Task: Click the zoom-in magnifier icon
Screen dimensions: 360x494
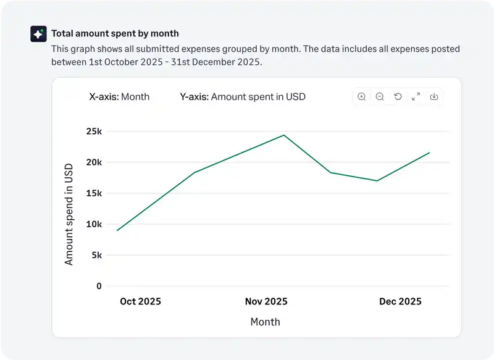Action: coord(362,96)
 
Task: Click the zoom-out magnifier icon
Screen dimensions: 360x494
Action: coord(380,96)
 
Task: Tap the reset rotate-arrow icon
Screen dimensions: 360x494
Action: coord(398,96)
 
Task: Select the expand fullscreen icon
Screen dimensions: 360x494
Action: coord(416,96)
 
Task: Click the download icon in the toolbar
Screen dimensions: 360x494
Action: coord(434,96)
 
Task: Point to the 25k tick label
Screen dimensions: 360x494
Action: coord(94,132)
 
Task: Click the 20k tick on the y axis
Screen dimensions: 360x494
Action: coord(94,162)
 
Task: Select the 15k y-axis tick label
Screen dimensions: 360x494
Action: coord(94,193)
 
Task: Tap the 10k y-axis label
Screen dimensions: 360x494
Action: coord(94,224)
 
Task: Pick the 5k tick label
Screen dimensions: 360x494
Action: coord(96,255)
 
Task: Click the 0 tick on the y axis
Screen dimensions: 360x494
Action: coord(99,286)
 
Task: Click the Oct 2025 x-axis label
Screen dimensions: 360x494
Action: coord(140,301)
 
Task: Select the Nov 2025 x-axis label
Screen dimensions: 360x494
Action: coord(266,301)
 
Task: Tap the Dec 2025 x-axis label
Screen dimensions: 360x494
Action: coord(400,301)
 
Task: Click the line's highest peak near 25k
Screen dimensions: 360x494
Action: coord(284,135)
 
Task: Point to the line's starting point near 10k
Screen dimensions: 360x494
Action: coord(117,230)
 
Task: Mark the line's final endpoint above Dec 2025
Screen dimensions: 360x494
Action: coord(429,153)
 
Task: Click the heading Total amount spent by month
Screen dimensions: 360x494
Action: coord(115,33)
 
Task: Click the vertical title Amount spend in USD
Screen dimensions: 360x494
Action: coord(69,214)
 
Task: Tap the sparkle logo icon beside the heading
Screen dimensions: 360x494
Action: coord(38,34)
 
